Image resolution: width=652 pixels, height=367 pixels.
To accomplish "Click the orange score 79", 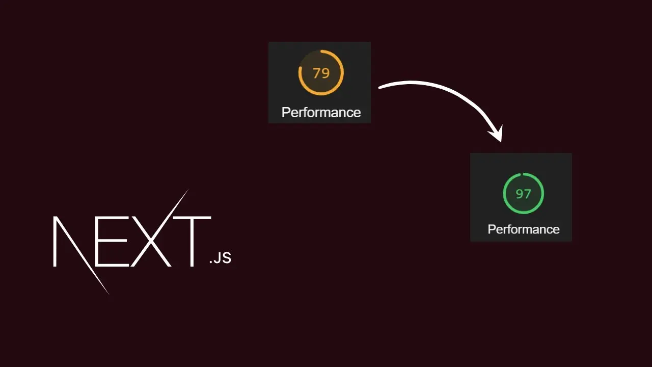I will pos(321,73).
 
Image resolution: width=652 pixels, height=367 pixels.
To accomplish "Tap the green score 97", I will pos(523,194).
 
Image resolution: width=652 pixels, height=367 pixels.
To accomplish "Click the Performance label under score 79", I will pos(321,112).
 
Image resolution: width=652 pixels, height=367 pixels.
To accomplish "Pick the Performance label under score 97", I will pos(523,229).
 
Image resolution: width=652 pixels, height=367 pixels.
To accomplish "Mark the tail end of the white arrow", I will pos(380,88).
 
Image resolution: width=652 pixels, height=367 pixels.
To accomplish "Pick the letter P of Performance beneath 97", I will pos(491,229).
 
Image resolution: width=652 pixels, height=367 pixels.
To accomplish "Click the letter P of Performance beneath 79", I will pos(285,112).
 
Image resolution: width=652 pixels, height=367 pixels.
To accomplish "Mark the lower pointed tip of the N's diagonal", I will pos(108,293).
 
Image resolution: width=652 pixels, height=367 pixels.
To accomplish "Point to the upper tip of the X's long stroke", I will pos(188,190).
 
